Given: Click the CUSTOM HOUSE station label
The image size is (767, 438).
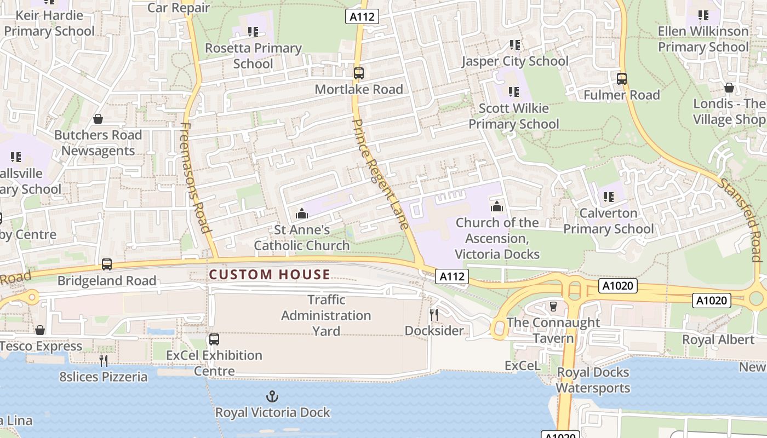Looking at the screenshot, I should (x=270, y=275).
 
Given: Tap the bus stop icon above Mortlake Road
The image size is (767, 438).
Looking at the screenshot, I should (x=359, y=73).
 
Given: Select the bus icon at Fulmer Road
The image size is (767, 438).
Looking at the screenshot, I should (x=621, y=79).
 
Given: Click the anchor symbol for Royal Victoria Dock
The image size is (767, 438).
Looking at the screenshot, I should (x=272, y=396).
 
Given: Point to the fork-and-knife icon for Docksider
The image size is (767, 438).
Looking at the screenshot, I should (x=434, y=314).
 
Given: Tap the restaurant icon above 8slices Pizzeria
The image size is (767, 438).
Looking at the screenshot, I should (x=103, y=360).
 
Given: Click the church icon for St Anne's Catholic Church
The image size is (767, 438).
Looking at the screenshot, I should (x=301, y=214).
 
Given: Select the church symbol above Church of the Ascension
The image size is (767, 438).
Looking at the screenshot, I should (x=497, y=206).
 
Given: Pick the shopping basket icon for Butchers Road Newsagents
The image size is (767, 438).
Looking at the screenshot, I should (x=98, y=119).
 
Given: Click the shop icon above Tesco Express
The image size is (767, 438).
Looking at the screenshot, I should (x=40, y=330).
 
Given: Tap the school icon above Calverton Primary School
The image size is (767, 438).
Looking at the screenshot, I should (x=608, y=197).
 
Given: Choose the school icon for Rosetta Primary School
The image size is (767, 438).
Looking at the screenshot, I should (x=253, y=32).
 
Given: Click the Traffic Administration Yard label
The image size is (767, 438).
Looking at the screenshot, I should (x=326, y=315).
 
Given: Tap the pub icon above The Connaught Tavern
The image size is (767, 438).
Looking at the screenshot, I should (x=553, y=307).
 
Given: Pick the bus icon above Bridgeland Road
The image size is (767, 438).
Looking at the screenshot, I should (x=107, y=264).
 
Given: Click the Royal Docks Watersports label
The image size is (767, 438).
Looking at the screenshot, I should (x=593, y=381).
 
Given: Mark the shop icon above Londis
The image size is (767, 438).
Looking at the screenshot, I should (x=729, y=88).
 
